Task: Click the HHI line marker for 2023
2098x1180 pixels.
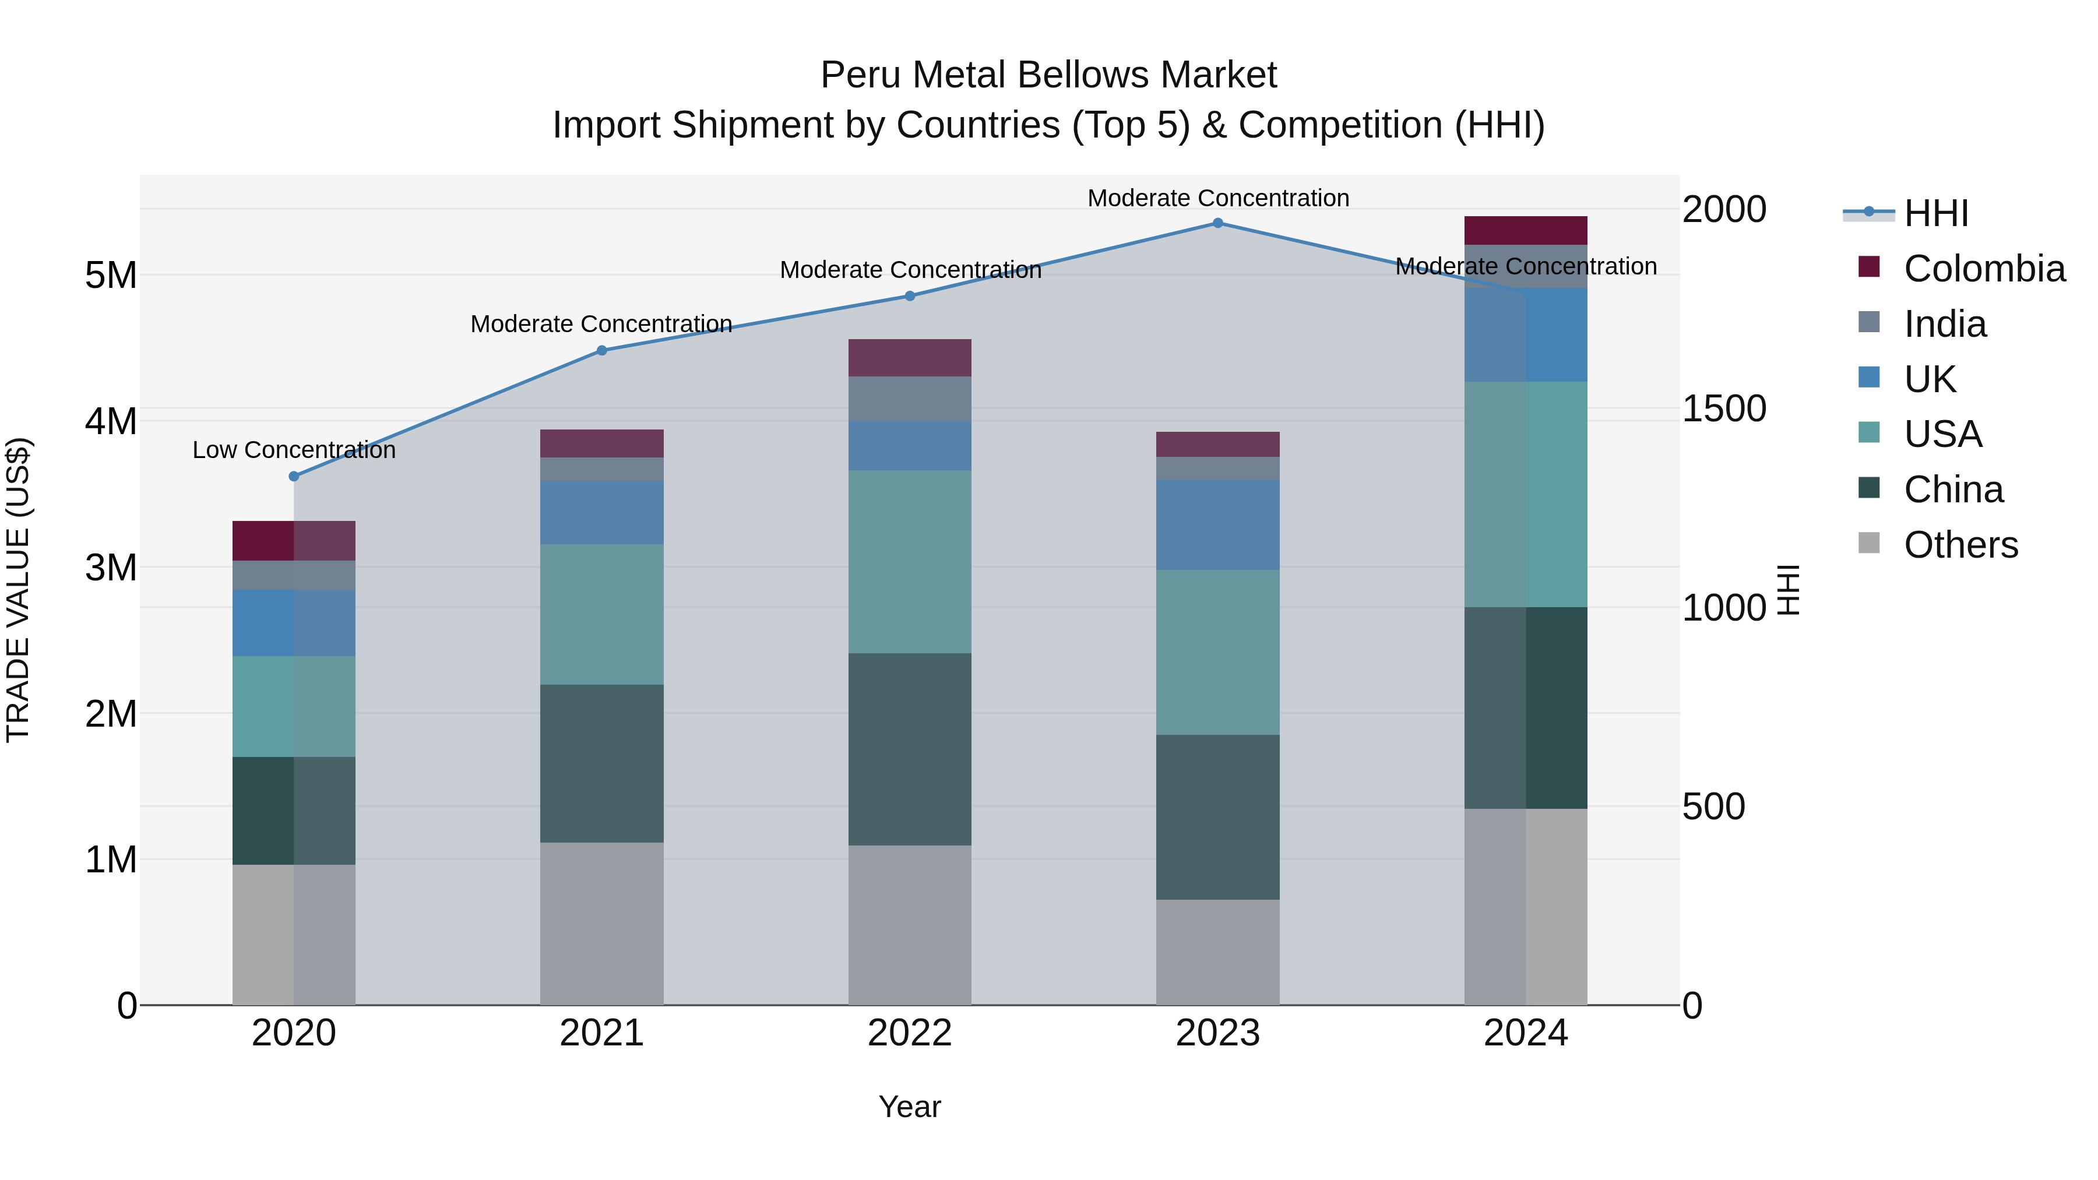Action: [x=1217, y=223]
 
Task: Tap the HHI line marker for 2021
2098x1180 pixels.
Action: [x=602, y=351]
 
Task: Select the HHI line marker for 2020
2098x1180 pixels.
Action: [x=294, y=477]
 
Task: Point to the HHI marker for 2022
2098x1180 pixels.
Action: [x=910, y=297]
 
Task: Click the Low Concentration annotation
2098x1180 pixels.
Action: [x=294, y=450]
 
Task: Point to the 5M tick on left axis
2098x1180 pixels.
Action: [x=111, y=275]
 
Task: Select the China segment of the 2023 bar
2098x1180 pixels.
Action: [x=1217, y=817]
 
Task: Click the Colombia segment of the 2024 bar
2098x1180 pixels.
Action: [x=1526, y=230]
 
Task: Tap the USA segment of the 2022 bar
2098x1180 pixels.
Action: [x=910, y=561]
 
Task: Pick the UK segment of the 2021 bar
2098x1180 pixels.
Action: [x=602, y=512]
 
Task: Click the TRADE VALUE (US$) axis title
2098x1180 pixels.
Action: [x=18, y=590]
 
